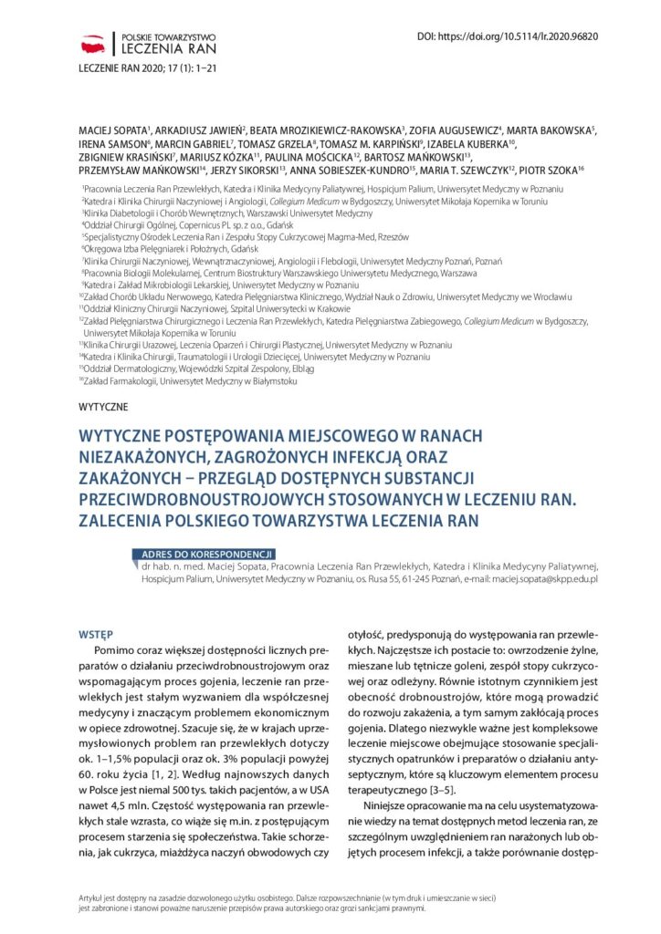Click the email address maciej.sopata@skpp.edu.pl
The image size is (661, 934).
point(544,578)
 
